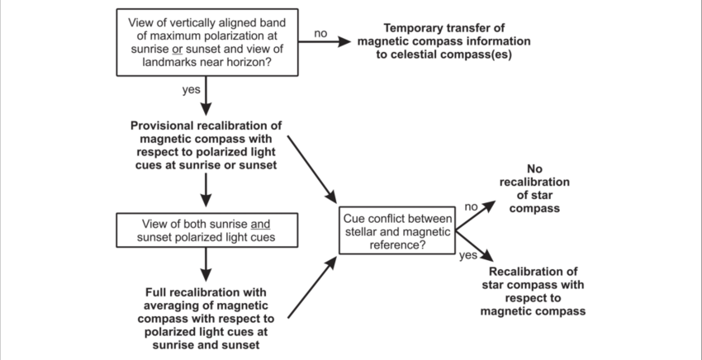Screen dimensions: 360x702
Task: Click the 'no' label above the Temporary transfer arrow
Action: point(321,35)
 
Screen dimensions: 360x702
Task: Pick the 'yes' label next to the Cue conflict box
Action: point(468,255)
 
